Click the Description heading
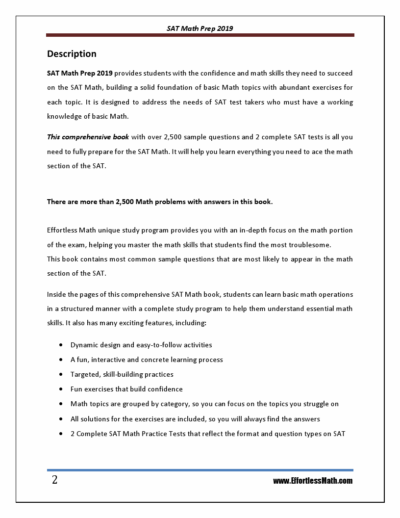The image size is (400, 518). point(72,54)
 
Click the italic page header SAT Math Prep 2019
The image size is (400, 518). point(200,28)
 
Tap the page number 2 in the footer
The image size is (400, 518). point(54,480)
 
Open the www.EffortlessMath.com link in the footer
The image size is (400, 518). point(312,481)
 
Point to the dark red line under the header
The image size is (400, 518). point(200,35)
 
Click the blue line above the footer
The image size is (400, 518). point(200,470)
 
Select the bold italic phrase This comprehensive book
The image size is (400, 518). point(88,137)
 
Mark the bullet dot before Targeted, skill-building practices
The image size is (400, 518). point(60,374)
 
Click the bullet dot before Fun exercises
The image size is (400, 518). point(60,389)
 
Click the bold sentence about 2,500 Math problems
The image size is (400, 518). point(159,202)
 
